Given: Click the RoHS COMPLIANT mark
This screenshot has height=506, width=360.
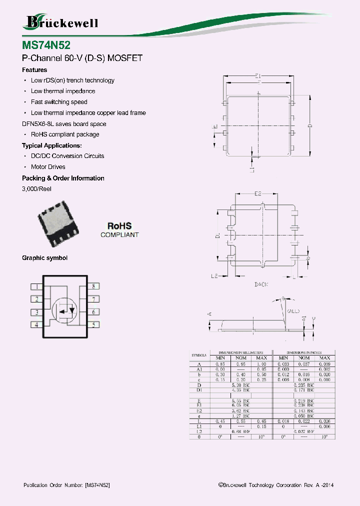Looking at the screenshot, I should pos(119,230).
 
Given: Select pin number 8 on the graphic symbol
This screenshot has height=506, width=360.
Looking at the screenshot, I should pos(93,286).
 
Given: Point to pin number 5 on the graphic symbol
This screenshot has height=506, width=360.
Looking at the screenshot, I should pos(93,324).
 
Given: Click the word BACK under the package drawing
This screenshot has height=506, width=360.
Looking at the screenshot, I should pos(261,284).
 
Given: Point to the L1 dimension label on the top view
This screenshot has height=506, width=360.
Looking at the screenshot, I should pos(252,170).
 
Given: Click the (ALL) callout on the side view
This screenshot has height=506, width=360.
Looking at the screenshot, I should pos(293,311).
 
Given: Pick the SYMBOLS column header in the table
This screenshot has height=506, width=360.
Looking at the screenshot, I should pos(199,355).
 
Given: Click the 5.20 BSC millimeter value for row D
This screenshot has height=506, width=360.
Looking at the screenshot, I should pos(241,385).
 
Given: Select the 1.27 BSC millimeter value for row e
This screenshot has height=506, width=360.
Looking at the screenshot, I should pos(241,416).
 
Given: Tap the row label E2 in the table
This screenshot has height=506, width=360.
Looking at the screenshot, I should pos(199,411).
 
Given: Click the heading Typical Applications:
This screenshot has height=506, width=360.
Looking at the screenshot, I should pos(52,145).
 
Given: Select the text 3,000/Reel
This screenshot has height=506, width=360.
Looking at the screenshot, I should pos(36,189).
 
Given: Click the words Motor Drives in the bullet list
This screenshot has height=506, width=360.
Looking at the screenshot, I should pos(48,167).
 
